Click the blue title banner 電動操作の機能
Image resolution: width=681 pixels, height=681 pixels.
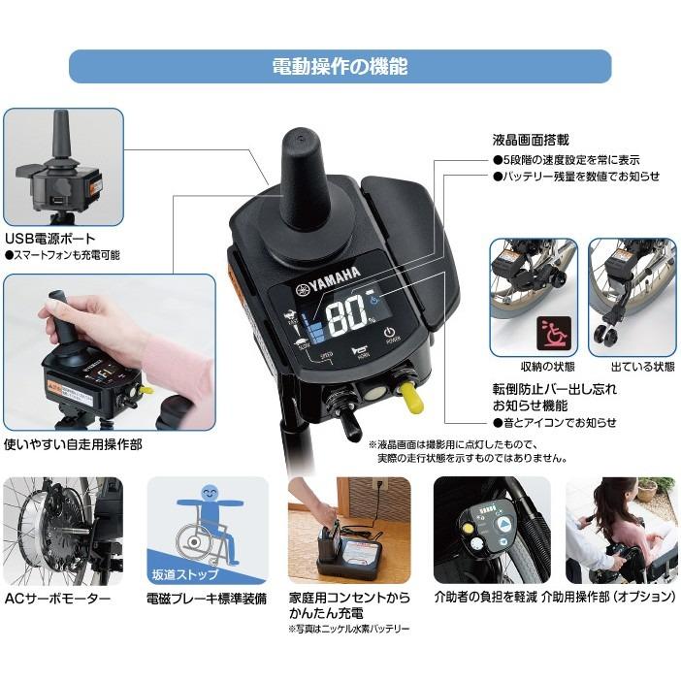pyautogui.click(x=340, y=67)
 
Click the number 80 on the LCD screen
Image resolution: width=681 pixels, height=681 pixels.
pyautogui.click(x=345, y=315)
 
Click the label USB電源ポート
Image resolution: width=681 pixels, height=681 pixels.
pyautogui.click(x=48, y=237)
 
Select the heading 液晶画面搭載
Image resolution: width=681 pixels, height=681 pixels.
pyautogui.click(x=532, y=141)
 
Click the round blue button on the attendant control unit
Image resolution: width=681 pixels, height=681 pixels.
pyautogui.click(x=505, y=524)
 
